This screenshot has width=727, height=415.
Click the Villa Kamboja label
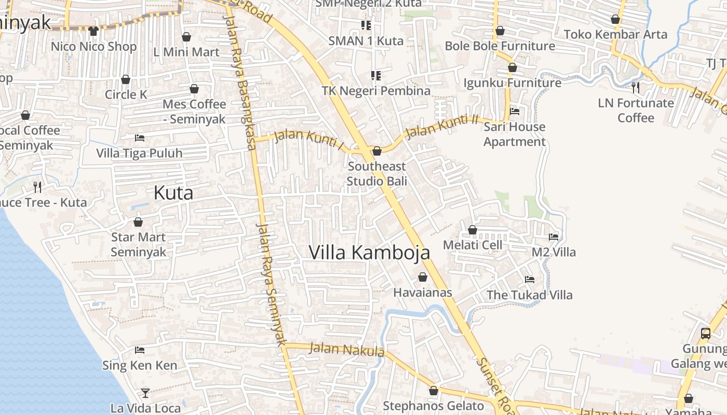(369, 252)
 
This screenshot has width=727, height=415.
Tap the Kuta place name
(173, 193)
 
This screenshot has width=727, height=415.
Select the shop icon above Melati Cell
(473, 229)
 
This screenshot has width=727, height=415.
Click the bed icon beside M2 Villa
(554, 237)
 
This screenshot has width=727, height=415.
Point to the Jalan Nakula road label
(346, 350)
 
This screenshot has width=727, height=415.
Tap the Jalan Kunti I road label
(308, 139)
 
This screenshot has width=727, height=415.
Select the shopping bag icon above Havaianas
(423, 277)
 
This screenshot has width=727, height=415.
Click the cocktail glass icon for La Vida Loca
(145, 393)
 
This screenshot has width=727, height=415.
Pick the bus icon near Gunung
(705, 333)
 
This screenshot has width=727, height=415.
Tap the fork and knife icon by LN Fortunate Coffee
(636, 87)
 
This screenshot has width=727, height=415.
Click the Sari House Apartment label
(514, 134)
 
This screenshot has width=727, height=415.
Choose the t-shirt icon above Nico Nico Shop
(93, 31)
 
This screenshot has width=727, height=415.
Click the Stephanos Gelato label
(433, 406)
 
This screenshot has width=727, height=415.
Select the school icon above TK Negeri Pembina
(376, 76)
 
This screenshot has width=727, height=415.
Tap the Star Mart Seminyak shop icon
(138, 222)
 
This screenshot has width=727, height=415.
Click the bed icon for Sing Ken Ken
(139, 350)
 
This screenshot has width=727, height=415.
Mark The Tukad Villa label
(529, 295)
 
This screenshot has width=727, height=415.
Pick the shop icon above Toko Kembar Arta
(615, 20)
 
